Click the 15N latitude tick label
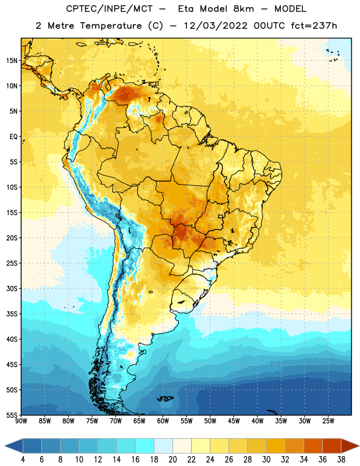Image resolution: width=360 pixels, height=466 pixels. pos(12,61)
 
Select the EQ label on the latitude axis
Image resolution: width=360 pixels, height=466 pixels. pos(13,137)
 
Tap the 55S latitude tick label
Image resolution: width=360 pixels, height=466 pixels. pos(12,415)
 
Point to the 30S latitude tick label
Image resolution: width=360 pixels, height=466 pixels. pos(12,288)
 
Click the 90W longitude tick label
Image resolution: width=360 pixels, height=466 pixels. pos(21,421)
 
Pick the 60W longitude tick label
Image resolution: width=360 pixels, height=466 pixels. pos(163,421)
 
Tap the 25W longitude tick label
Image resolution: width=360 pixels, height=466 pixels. pos(328,421)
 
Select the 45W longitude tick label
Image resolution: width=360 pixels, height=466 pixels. pos(234,421)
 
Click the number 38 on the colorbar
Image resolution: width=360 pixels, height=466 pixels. pos(341,460)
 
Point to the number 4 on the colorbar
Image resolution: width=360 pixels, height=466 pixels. pos(23,460)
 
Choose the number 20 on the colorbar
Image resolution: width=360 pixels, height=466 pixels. pos(172,460)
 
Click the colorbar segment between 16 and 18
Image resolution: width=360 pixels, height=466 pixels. pos(145,446)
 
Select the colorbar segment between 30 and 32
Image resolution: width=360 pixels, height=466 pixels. pos(276,446)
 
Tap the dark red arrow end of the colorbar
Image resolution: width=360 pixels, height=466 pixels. pos(350,446)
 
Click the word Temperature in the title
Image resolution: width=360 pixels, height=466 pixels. pos(111,26)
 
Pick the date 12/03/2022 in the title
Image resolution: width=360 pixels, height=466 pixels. pos(216,26)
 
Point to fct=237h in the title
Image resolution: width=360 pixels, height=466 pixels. pos(314,26)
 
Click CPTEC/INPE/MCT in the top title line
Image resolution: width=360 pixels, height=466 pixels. pos(110,9)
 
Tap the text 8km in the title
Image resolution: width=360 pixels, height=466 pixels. pos(243,9)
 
